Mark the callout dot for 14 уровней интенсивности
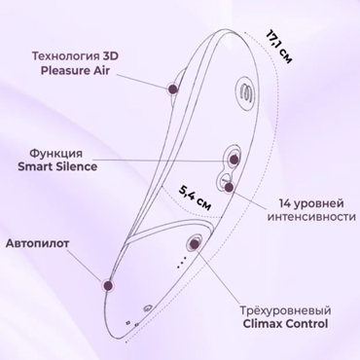click(230, 186)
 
